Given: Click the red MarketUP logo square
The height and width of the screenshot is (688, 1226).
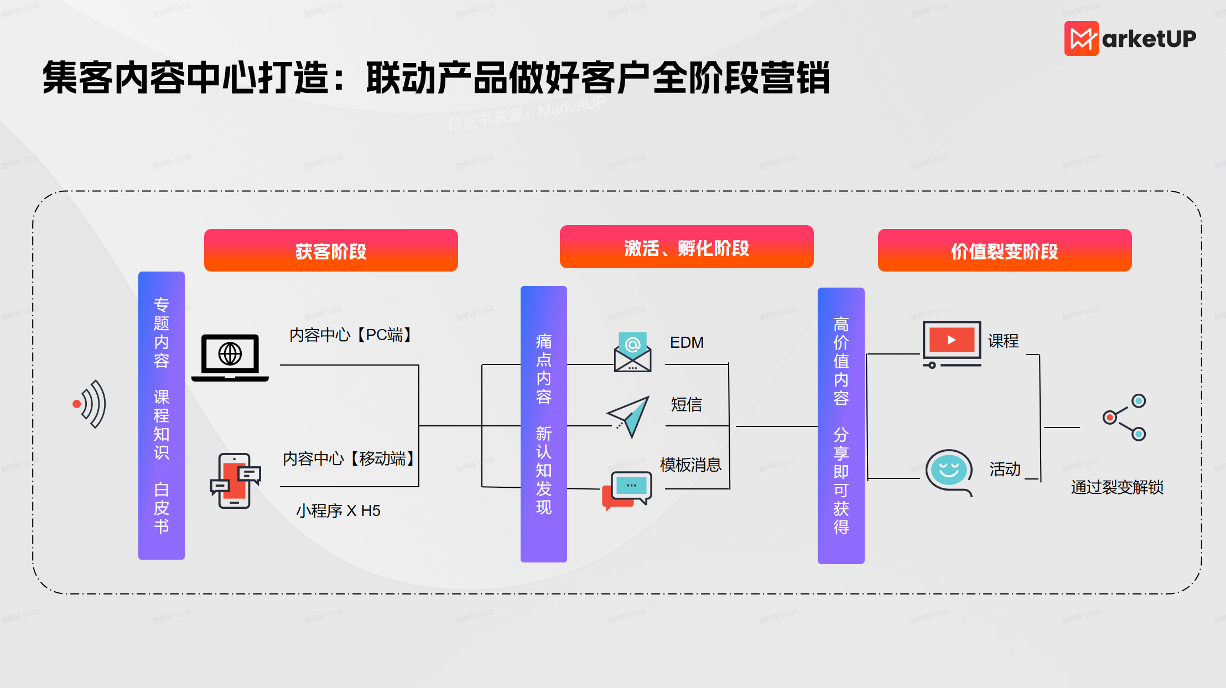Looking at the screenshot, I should click(x=1081, y=39).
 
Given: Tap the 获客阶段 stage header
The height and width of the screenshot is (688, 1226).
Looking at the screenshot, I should click(x=331, y=251).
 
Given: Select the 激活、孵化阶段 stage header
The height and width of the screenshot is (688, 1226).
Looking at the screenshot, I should click(x=686, y=247).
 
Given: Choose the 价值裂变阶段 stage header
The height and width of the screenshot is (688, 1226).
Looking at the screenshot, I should click(x=1004, y=251).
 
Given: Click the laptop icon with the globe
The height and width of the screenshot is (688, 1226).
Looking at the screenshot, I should click(x=230, y=357).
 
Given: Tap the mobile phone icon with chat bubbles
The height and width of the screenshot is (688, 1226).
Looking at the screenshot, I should click(x=235, y=481).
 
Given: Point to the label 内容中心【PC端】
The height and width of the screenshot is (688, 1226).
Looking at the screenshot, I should click(x=351, y=335).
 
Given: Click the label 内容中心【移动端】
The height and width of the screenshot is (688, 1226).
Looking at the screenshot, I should click(x=349, y=458).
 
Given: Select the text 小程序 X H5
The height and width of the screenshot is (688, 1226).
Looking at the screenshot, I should click(x=338, y=510).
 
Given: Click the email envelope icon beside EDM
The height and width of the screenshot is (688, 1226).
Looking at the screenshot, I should click(x=632, y=352).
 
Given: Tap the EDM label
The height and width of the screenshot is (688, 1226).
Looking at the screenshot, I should click(x=687, y=343).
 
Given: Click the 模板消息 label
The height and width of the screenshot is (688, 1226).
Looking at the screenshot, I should click(x=690, y=465).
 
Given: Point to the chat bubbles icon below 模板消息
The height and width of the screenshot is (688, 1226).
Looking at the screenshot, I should click(x=627, y=490).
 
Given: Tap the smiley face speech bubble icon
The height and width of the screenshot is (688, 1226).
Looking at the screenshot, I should click(x=949, y=472).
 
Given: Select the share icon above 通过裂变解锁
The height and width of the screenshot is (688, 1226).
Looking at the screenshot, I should click(x=1124, y=418).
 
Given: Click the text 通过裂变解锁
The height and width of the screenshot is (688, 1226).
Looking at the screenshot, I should click(x=1117, y=487).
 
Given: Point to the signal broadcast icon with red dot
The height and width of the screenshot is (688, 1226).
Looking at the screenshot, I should click(x=90, y=404).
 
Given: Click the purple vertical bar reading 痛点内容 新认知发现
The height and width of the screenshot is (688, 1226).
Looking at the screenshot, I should click(x=543, y=424).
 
